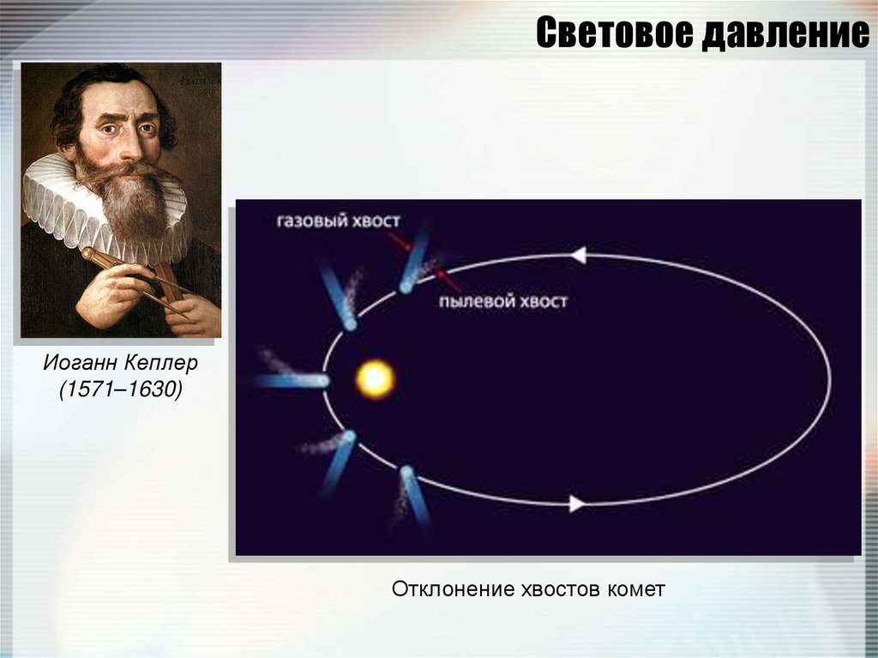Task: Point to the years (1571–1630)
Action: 121,389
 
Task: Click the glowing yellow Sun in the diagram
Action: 376,378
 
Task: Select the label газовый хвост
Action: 338,220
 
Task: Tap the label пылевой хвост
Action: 502,301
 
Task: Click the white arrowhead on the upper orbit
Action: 578,255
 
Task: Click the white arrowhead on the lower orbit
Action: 577,504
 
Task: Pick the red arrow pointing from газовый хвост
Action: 400,241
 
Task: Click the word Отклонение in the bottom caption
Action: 453,589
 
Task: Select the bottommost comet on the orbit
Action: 413,498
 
